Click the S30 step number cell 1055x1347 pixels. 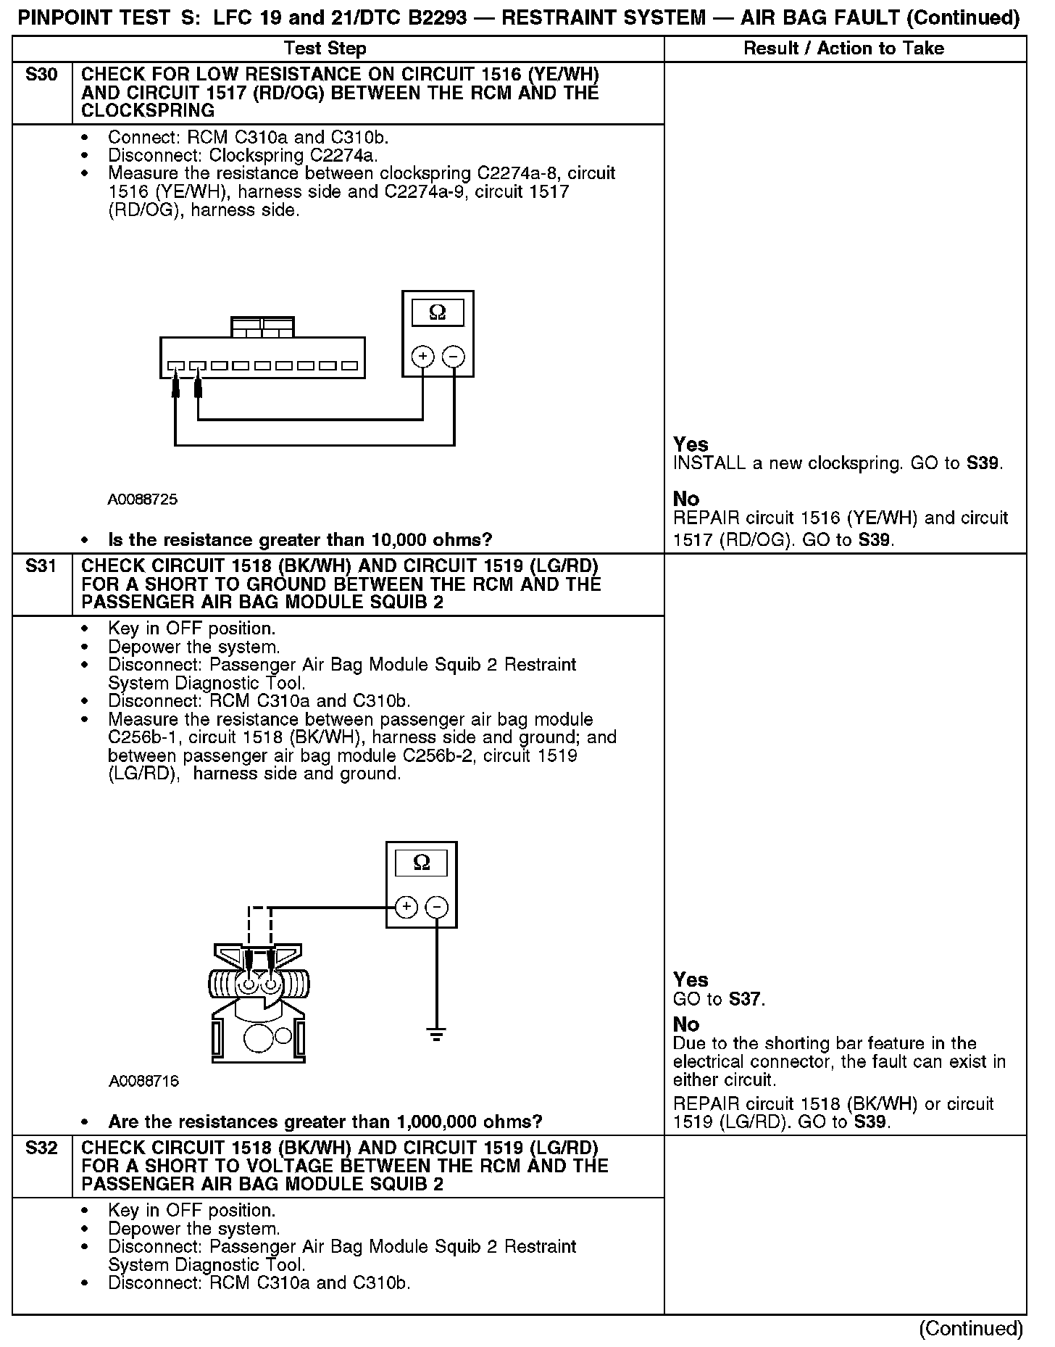click(x=41, y=75)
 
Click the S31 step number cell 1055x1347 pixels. click(x=41, y=567)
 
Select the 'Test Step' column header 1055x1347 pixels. click(x=325, y=49)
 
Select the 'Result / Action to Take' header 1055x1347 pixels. click(x=844, y=49)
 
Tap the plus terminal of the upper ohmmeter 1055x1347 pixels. click(x=422, y=357)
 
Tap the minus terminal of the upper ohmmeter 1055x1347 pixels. click(x=454, y=357)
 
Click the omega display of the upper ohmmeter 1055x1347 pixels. click(x=438, y=312)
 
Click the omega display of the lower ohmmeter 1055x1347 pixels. click(x=421, y=863)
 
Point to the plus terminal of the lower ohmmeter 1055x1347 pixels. click(x=406, y=907)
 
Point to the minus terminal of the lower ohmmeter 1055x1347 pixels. click(x=436, y=907)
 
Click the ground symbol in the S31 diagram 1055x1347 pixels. click(x=436, y=1035)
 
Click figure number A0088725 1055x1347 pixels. click(x=143, y=500)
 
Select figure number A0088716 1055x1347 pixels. click(x=143, y=1081)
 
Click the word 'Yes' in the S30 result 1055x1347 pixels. click(x=691, y=444)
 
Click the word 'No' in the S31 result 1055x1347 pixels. click(x=686, y=1024)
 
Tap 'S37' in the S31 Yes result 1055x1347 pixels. click(x=746, y=1000)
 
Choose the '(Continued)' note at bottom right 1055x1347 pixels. click(x=970, y=1328)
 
